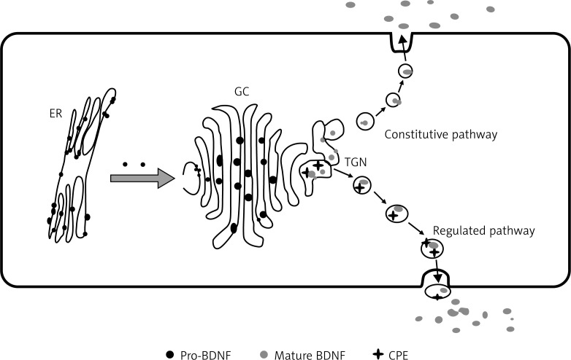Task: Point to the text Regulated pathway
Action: (484, 231)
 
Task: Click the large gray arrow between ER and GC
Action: (142, 178)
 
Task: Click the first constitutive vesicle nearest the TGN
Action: (364, 122)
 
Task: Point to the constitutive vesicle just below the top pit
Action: (405, 71)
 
